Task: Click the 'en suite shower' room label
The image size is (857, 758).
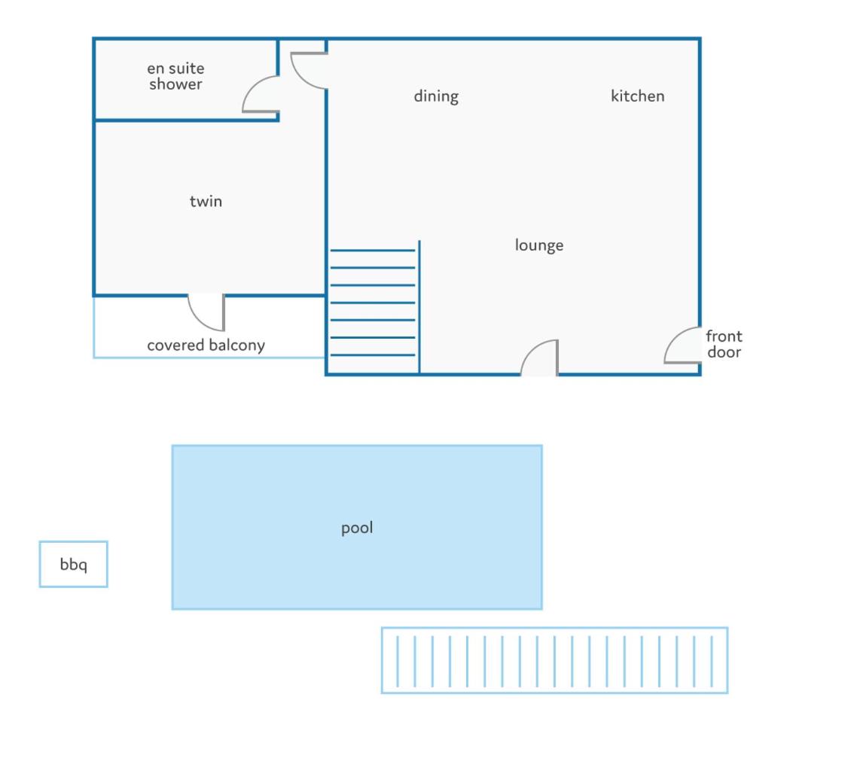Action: click(175, 76)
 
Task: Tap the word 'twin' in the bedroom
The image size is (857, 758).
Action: click(206, 201)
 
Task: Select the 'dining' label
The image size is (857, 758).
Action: click(436, 96)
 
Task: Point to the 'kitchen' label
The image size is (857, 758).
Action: click(637, 96)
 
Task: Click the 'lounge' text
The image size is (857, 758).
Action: click(539, 245)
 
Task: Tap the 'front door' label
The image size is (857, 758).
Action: click(724, 343)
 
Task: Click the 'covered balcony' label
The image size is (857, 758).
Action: click(206, 346)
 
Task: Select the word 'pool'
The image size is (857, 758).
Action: click(357, 528)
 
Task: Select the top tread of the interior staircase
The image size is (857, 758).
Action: click(373, 250)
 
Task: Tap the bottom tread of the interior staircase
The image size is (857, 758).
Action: click(373, 355)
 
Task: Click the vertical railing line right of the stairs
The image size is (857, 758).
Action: click(419, 307)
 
